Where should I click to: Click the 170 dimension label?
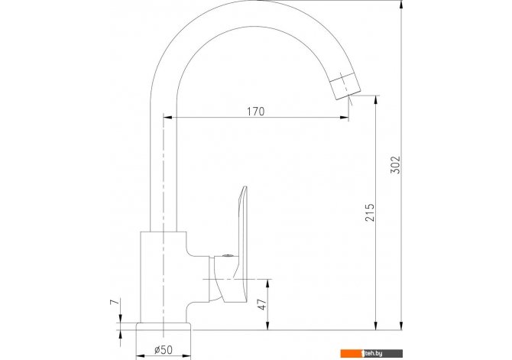255,112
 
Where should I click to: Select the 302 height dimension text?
395,164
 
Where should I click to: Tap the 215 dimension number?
370,212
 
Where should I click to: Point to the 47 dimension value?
262,303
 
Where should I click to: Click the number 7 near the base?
115,301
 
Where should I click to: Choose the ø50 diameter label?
164,350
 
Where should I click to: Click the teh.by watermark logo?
371,353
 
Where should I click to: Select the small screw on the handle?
227,257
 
